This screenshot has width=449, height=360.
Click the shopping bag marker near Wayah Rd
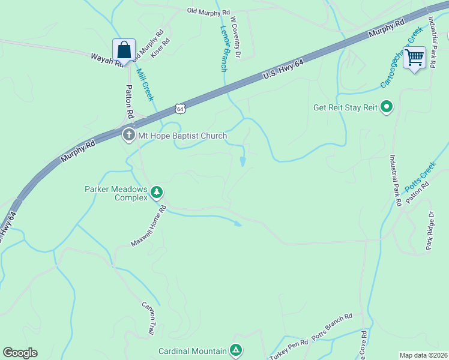[x=124, y=50]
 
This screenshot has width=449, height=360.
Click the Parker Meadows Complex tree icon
[x=157, y=192]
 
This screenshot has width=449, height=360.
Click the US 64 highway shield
[x=180, y=109]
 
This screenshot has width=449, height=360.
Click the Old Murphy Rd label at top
[x=208, y=11]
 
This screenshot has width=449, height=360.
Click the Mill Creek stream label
[x=145, y=84]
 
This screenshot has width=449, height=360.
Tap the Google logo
[x=20, y=353]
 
